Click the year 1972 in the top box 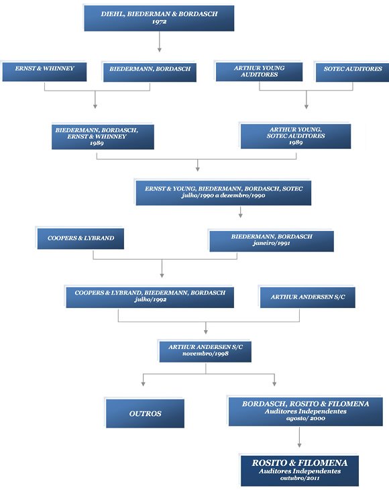click(159, 22)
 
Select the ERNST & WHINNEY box click(44, 72)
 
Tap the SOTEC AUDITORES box click(353, 72)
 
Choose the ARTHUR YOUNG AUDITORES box click(259, 72)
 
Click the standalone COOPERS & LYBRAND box click(80, 239)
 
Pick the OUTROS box click(145, 413)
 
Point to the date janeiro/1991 click(272, 243)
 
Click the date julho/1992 click(150, 299)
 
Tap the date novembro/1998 click(205, 354)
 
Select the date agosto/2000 click(305, 418)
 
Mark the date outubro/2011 click(299, 478)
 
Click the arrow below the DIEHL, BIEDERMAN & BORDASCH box click(160, 42)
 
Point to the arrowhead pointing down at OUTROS click(143, 384)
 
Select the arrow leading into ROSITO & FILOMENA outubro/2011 click(299, 437)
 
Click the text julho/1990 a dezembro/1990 click(223, 195)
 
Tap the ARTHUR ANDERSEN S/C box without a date click(308, 297)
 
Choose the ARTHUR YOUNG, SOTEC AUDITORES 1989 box click(296, 136)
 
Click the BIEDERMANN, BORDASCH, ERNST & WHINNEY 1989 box click(103, 137)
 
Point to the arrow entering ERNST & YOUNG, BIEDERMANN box click(198, 165)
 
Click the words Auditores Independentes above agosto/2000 click(306, 411)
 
